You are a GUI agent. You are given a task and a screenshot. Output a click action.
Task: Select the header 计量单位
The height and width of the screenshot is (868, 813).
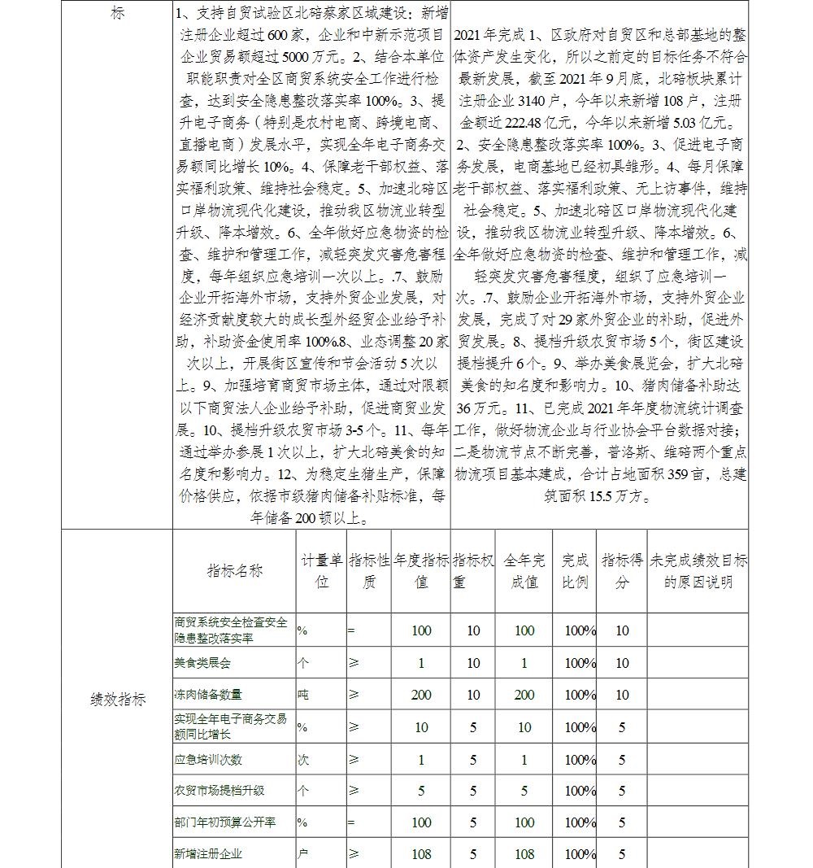coord(321,570)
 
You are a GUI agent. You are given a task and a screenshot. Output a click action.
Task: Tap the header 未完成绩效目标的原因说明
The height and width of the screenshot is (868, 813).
coord(698,570)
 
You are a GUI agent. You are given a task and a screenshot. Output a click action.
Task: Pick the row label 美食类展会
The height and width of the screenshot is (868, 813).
coord(202,663)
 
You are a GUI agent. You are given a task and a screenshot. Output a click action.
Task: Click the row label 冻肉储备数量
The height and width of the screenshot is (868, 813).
coord(208,695)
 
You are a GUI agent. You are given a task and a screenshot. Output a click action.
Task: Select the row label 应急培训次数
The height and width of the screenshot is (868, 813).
coord(208,760)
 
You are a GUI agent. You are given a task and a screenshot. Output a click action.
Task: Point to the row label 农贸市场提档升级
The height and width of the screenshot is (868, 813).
coord(219,791)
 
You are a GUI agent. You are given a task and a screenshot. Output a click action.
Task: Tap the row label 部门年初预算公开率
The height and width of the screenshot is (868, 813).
coord(224,822)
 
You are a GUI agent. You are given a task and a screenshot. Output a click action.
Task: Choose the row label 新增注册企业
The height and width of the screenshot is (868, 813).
coord(208,854)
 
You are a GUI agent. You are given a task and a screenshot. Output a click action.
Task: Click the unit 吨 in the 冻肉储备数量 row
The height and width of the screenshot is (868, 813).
coord(303,695)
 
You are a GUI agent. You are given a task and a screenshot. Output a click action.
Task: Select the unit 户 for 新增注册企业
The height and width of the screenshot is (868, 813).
coord(303,854)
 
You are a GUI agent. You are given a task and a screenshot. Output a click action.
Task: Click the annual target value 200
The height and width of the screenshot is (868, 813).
coord(421,695)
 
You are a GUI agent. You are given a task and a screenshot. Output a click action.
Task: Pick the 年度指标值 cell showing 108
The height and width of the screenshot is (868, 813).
coord(421,854)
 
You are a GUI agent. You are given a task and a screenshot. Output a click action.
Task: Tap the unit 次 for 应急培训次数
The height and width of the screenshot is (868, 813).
coord(303,760)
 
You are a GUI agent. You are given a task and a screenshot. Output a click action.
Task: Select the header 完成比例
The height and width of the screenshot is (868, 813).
coord(575,570)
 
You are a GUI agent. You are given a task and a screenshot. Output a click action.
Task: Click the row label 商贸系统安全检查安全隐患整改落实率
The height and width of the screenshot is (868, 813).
coord(231,630)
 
